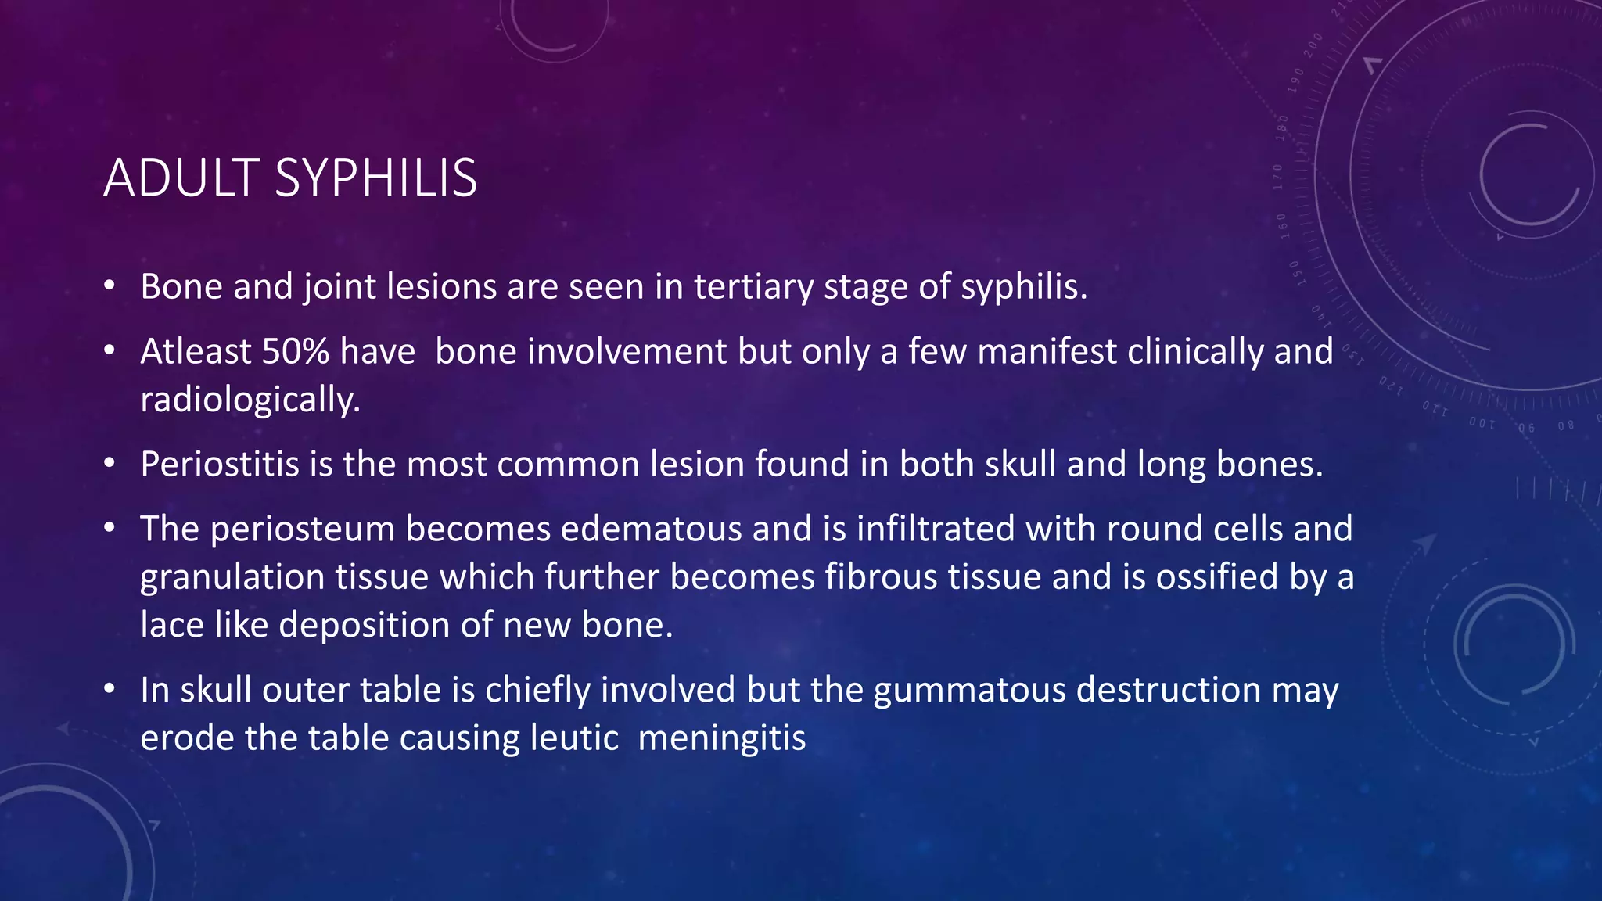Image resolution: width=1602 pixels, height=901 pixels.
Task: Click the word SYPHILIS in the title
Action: (375, 178)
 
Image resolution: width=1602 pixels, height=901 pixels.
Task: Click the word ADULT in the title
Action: (181, 178)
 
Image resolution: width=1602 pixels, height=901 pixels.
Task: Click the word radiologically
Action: (250, 400)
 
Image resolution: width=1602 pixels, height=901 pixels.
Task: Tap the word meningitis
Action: (721, 738)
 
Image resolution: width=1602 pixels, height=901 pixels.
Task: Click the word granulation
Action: (232, 577)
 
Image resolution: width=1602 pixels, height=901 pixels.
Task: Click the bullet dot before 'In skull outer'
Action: (110, 689)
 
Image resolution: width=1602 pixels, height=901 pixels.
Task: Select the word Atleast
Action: (196, 351)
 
